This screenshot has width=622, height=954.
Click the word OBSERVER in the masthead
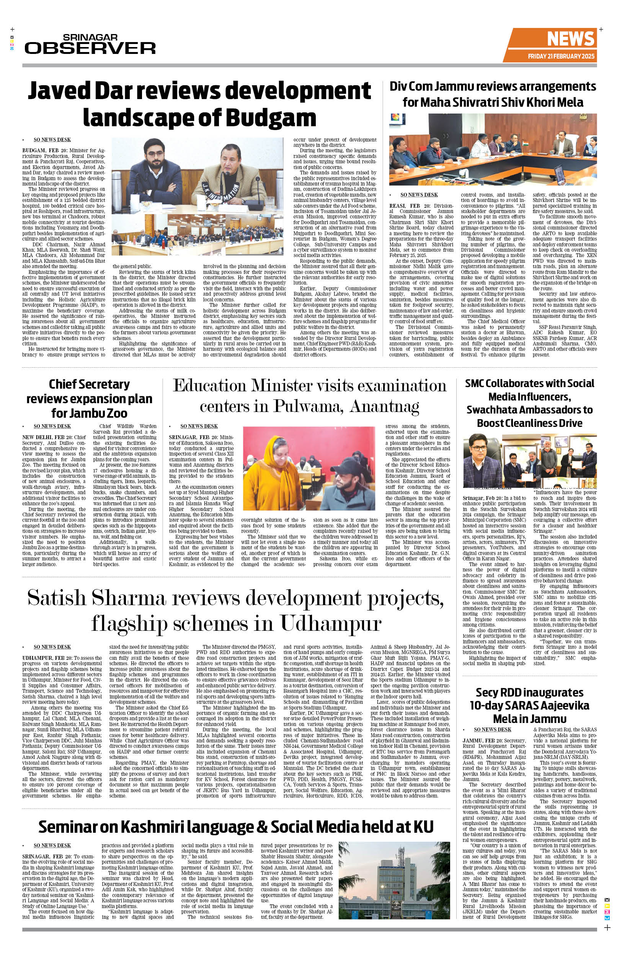90,48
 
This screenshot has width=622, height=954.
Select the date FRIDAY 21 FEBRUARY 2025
561,56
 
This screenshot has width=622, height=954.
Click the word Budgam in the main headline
271,118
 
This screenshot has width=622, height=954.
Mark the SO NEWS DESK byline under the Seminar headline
52,845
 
